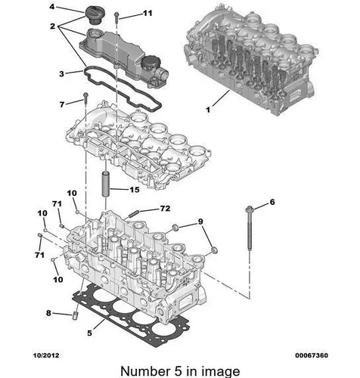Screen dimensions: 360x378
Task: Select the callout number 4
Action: point(52,7)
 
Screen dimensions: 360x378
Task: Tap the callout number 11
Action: point(147,13)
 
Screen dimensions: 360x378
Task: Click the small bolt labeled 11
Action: point(116,17)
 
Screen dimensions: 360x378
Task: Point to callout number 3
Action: point(61,74)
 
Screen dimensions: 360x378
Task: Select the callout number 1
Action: point(208,110)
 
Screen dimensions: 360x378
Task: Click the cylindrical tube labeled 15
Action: point(105,184)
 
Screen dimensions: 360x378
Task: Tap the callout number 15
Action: point(135,190)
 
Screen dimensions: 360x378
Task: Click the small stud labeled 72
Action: point(133,214)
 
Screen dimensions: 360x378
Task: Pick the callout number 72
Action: point(166,209)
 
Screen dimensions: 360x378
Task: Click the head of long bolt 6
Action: point(250,209)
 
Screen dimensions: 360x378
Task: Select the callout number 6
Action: point(272,202)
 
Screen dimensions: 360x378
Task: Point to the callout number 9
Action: point(200,222)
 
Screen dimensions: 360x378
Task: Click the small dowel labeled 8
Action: point(75,316)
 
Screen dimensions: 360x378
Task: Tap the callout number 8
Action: point(48,313)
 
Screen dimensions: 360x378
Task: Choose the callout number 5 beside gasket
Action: point(89,333)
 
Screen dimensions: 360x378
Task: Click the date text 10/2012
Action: point(46,355)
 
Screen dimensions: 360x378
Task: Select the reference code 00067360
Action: point(312,355)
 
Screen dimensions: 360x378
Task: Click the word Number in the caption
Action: point(145,371)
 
